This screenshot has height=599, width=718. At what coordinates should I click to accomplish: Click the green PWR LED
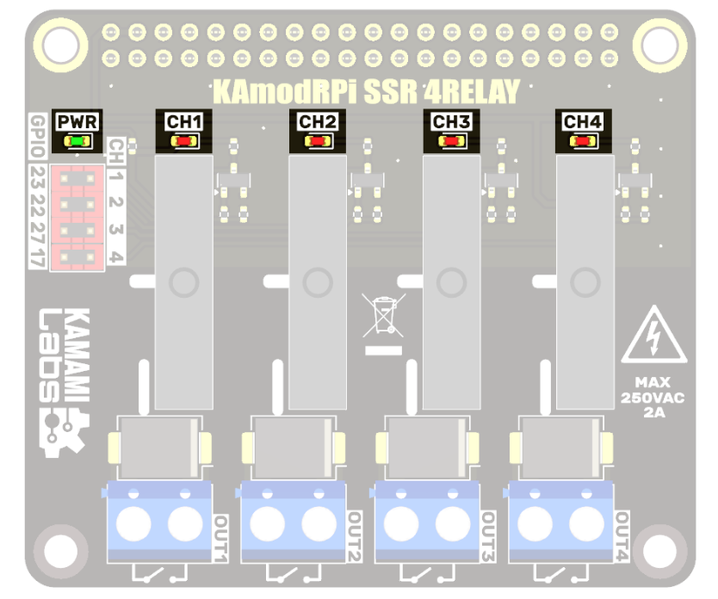[x=77, y=141]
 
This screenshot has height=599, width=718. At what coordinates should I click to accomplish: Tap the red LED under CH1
[x=184, y=141]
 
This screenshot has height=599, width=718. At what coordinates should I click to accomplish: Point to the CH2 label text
[x=318, y=122]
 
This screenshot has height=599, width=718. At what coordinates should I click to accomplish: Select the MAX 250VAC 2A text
[x=653, y=396]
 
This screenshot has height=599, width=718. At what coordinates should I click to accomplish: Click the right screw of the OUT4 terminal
[x=585, y=524]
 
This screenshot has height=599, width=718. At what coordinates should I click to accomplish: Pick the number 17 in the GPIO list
[x=38, y=256]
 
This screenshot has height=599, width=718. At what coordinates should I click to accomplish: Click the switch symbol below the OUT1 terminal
[x=158, y=573]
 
